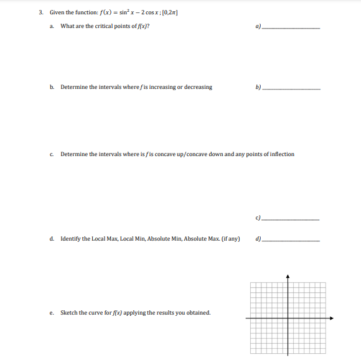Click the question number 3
pos(40,12)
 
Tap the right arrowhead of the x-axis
pos(332,318)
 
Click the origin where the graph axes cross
pos(288,318)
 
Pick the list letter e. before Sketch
pos(52,313)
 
